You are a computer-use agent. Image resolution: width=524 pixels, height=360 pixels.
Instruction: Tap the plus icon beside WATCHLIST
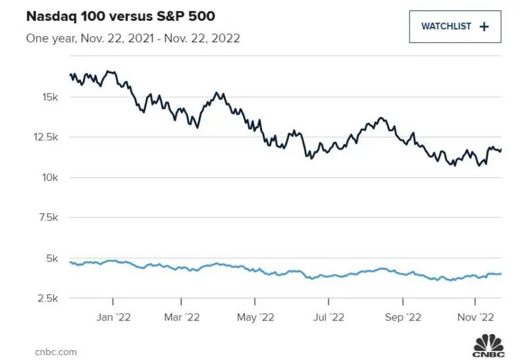pos(485,27)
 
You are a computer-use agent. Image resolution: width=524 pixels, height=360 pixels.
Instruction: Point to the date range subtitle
pos(132,38)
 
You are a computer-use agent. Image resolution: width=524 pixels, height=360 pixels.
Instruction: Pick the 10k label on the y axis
pos(51,178)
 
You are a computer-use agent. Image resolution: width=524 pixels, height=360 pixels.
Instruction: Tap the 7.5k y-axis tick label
pos(49,218)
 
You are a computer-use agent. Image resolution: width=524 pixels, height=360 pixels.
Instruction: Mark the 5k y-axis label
pos(54,258)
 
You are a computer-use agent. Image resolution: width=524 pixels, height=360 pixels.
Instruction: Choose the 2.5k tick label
pos(49,298)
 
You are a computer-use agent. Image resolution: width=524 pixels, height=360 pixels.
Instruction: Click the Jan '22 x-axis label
pos(114,317)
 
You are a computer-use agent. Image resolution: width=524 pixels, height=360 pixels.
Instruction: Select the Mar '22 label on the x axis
pos(182,317)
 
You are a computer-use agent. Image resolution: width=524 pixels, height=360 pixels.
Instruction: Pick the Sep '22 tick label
pos(402,317)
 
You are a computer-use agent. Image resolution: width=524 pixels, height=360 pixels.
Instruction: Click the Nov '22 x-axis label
pos(476,317)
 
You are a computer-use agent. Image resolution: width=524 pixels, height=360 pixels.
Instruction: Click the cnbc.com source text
pos(56,352)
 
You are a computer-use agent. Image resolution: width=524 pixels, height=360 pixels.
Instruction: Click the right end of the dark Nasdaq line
pos(501,149)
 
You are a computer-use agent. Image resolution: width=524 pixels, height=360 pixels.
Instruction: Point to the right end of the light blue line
pos(501,274)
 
